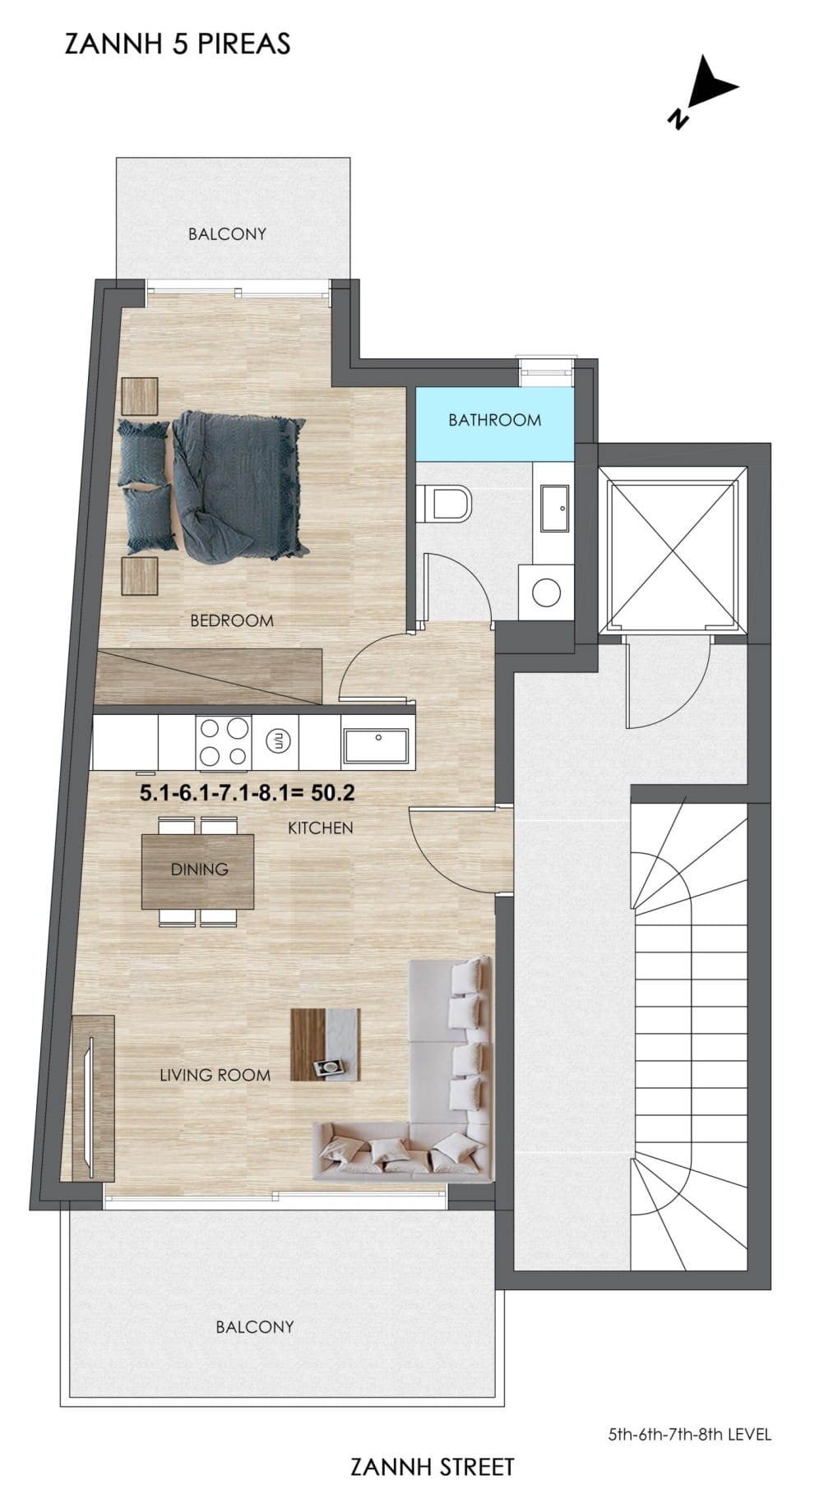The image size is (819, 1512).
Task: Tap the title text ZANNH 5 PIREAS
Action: pos(178,44)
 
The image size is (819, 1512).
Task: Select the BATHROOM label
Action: pos(494,420)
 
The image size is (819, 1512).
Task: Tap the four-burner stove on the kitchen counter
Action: pos(224,742)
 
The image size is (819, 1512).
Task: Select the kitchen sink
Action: pos(377,744)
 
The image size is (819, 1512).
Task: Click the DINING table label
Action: pos(199,869)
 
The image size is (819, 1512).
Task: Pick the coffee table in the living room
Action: pos(326,1044)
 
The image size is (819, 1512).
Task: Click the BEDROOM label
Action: pos(232,620)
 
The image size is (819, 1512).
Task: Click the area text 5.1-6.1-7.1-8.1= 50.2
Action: pos(248,793)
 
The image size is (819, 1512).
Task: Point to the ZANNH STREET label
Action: pos(433,1467)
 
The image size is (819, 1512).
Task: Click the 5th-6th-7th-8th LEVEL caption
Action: pos(690,1435)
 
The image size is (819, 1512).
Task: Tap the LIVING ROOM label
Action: pos(215,1075)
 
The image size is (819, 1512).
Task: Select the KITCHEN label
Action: pos(321,828)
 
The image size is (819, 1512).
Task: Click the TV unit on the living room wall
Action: pos(93,1098)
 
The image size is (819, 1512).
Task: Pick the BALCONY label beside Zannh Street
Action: pos(255,1327)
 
